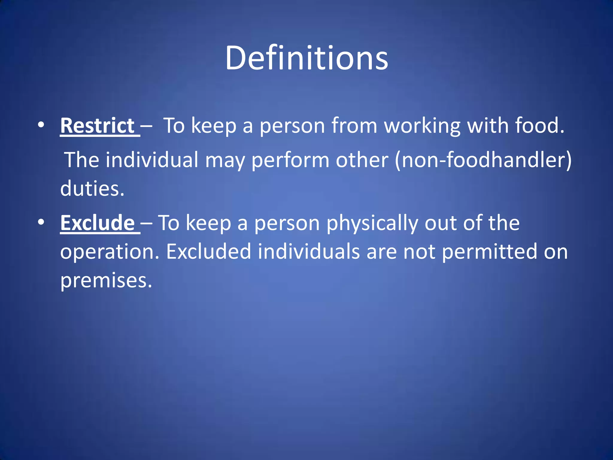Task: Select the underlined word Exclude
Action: (x=98, y=223)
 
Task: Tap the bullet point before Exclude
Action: (x=41, y=222)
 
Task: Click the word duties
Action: (x=92, y=189)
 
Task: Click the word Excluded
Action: (x=208, y=252)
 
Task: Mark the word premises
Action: (x=106, y=281)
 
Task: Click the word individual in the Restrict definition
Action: (x=152, y=160)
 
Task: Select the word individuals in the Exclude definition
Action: (x=309, y=252)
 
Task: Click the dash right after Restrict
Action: (x=146, y=126)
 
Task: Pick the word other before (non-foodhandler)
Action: (x=362, y=160)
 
